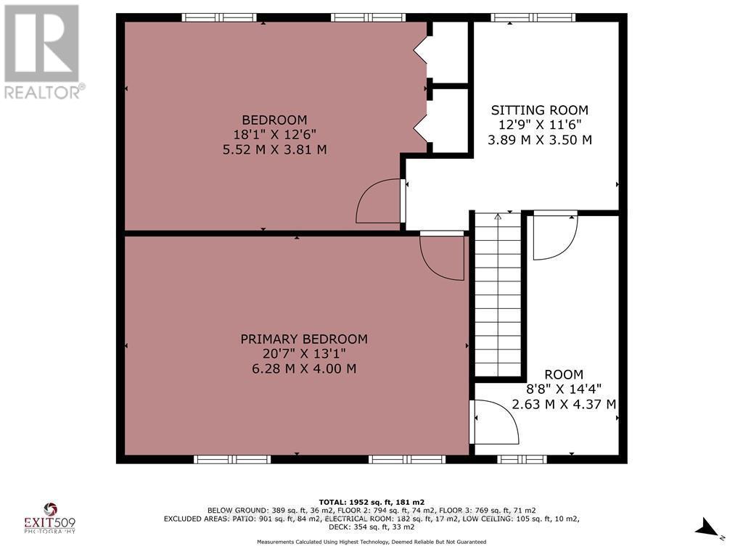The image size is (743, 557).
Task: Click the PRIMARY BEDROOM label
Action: [x=304, y=339]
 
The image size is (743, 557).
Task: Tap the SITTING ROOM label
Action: [x=539, y=110]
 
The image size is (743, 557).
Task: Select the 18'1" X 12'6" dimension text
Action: [x=274, y=135]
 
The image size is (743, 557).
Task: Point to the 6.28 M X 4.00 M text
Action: [x=304, y=369]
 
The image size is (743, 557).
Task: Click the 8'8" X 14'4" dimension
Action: [x=564, y=389]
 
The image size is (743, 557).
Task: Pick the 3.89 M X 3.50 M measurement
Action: [x=539, y=140]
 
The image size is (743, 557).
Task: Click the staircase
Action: [x=498, y=294]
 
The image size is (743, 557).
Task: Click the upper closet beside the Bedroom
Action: [x=448, y=52]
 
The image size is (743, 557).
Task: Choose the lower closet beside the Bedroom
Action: [x=448, y=121]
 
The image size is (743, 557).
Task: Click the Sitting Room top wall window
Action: [x=533, y=17]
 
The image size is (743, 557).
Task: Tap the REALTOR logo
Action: [x=43, y=51]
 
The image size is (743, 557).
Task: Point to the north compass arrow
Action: [x=708, y=528]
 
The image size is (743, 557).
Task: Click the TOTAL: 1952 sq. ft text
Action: [x=371, y=502]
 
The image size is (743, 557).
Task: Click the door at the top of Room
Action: [x=555, y=236]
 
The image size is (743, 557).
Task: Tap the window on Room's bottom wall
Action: [x=522, y=459]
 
